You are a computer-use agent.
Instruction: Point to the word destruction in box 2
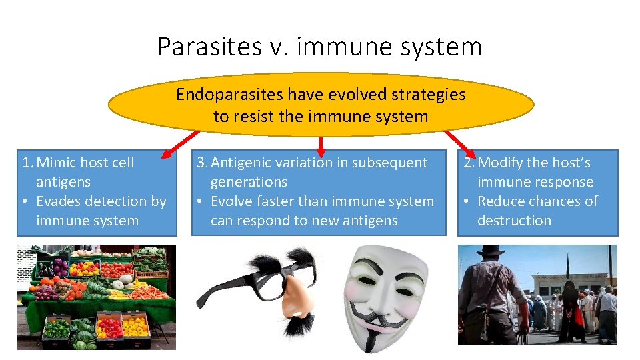[x=514, y=221]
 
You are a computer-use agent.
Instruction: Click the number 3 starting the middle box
[x=199, y=163]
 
